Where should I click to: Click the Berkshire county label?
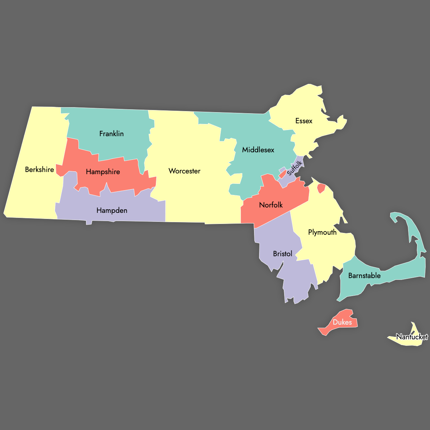(x=39, y=169)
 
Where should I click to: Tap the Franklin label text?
(x=111, y=134)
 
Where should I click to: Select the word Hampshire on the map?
(x=103, y=172)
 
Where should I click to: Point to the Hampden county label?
(x=112, y=210)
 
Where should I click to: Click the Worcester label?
(x=185, y=171)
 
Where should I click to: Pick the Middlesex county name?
(x=258, y=150)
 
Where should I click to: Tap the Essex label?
(x=304, y=121)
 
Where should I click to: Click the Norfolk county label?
(x=271, y=205)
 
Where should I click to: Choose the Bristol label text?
(x=283, y=254)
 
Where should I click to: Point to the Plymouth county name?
(x=322, y=232)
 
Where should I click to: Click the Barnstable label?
(x=364, y=276)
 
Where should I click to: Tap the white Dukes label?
(x=342, y=322)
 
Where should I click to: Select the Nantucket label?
(x=412, y=337)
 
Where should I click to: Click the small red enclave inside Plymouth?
(x=321, y=188)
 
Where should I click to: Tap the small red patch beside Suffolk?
(x=282, y=174)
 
